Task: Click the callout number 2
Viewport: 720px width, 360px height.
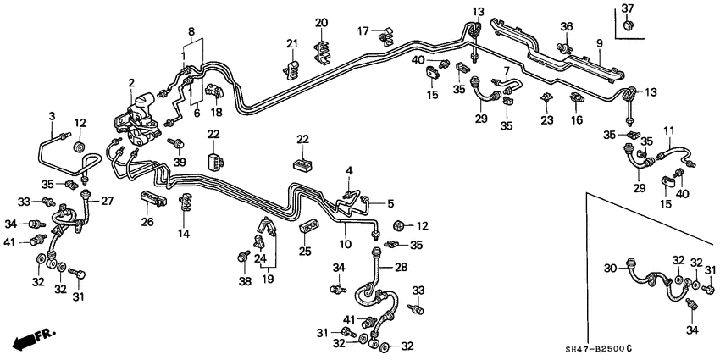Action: [131, 82]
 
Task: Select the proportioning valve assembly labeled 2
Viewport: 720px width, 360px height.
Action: [140, 119]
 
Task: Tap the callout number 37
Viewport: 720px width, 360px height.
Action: [628, 8]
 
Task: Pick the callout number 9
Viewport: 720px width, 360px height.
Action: [599, 42]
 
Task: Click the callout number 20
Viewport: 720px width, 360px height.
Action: [321, 22]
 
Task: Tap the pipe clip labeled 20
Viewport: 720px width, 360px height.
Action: [323, 48]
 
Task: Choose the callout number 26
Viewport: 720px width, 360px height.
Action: [147, 223]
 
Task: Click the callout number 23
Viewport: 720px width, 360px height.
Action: [547, 121]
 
